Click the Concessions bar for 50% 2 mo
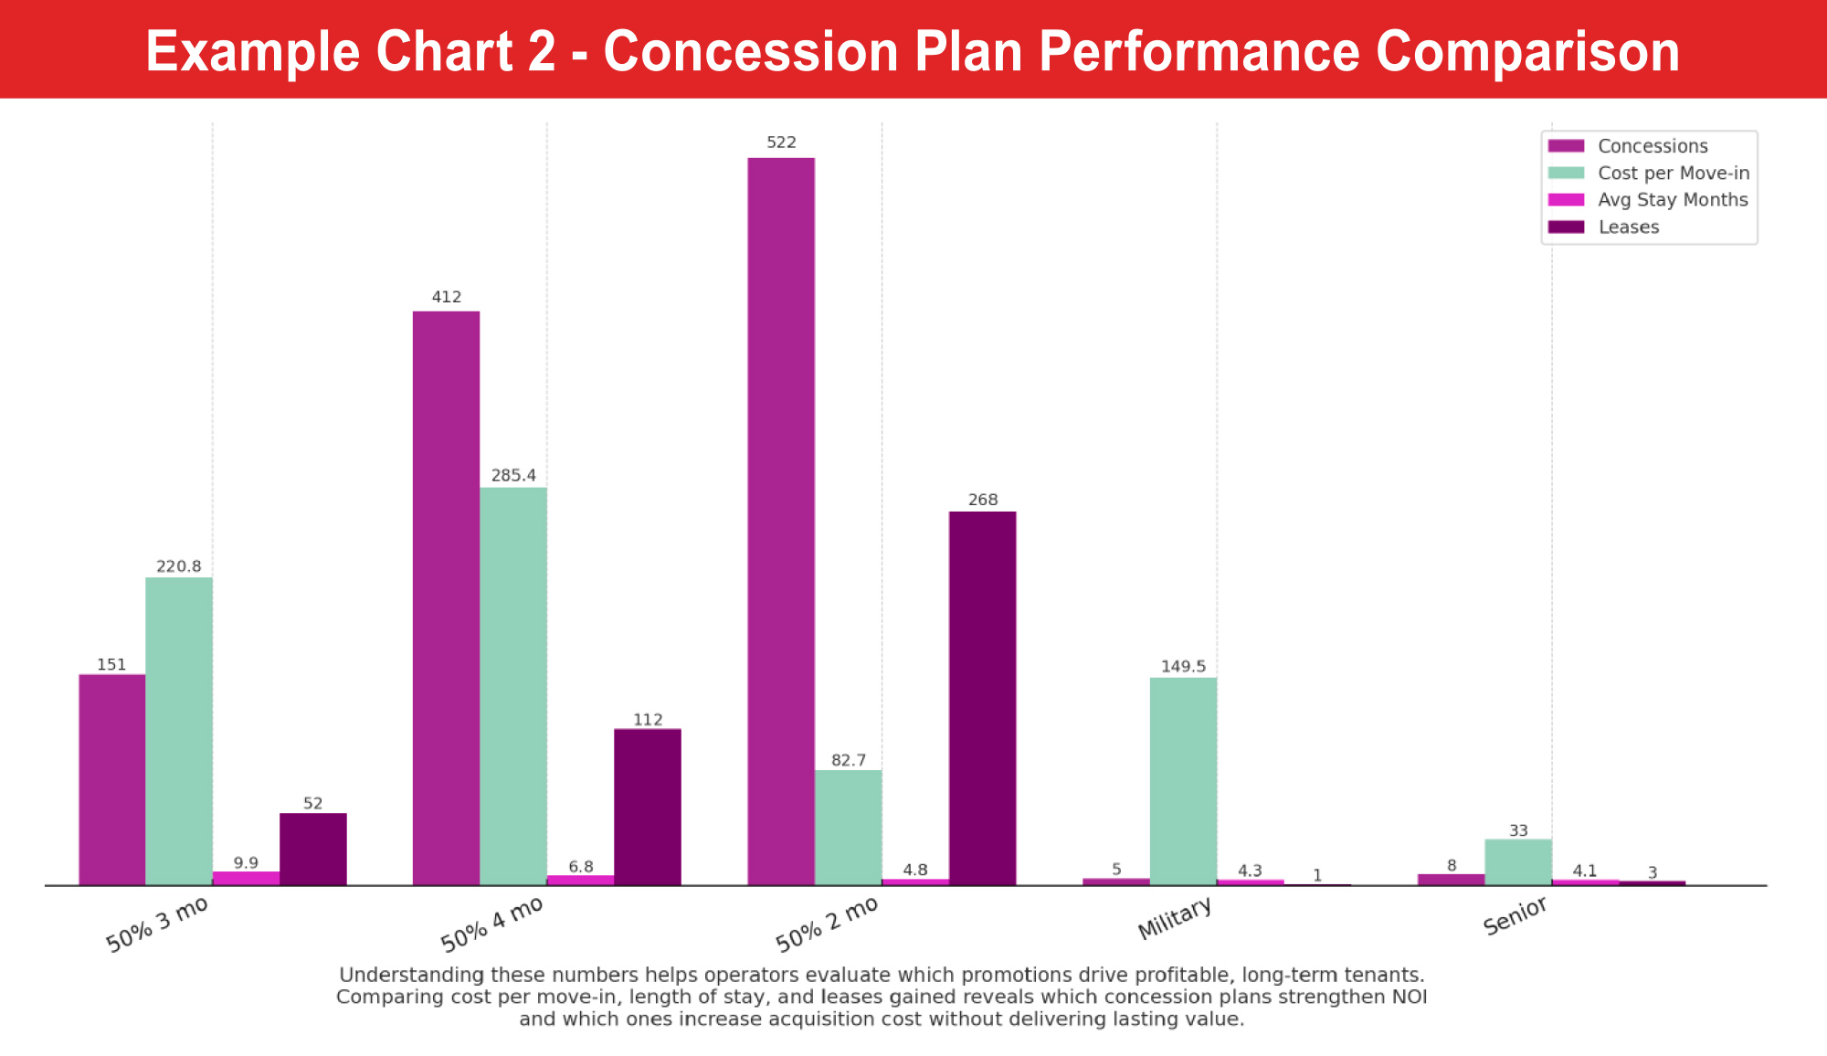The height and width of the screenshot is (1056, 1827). tap(781, 521)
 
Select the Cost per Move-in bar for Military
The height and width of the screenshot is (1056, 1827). tap(1183, 781)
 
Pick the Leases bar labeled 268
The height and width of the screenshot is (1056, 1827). tap(982, 698)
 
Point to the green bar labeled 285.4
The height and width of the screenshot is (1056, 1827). tap(513, 686)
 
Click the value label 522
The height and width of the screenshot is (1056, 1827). tap(781, 143)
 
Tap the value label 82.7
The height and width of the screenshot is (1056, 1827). tap(849, 760)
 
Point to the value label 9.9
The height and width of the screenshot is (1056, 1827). tap(246, 862)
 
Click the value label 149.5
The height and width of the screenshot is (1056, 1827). tap(1183, 666)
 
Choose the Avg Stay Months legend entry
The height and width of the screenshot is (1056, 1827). tap(1672, 200)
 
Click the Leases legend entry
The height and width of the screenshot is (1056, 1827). tap(1628, 227)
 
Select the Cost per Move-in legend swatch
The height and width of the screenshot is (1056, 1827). tap(1566, 173)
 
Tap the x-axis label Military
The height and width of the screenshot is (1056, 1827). tap(1175, 918)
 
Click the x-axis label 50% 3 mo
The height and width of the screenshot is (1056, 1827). tap(157, 924)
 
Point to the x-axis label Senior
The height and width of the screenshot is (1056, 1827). tap(1515, 916)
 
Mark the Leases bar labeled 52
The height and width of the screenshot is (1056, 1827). tap(312, 849)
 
